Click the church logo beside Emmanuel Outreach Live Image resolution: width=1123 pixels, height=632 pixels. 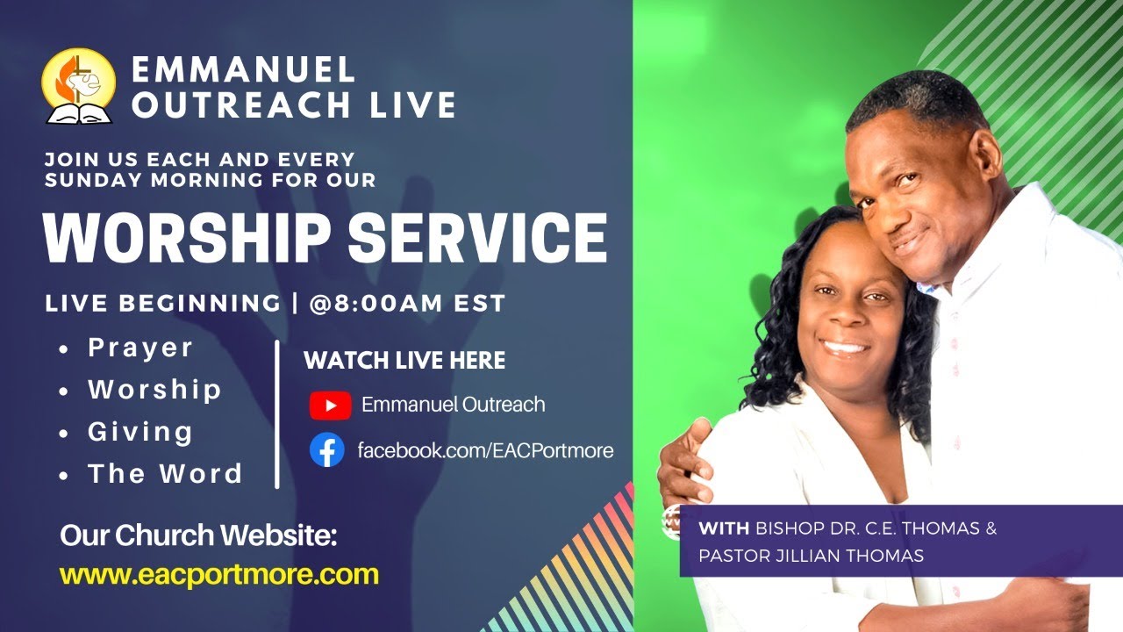pos(78,85)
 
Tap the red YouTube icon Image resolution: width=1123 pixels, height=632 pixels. pos(330,405)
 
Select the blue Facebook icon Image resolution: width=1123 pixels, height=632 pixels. pos(327,450)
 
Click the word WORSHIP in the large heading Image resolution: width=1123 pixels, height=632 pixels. pos(183,237)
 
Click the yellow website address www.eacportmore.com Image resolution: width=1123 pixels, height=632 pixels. pos(219,575)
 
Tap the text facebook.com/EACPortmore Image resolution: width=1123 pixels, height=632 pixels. pos(485,451)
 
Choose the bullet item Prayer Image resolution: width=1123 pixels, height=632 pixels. pos(140,348)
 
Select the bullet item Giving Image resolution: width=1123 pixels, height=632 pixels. pos(140,432)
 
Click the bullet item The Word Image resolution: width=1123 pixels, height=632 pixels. pos(165,474)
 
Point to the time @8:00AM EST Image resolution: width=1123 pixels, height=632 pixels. pos(407,304)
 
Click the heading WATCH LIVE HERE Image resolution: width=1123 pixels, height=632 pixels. pos(404,360)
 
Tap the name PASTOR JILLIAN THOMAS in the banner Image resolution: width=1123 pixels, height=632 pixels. pos(810,556)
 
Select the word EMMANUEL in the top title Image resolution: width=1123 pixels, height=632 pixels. pos(242,69)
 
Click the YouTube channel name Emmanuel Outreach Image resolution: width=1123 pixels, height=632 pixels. pos(453,405)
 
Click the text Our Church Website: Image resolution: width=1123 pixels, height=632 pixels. pos(198,535)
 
